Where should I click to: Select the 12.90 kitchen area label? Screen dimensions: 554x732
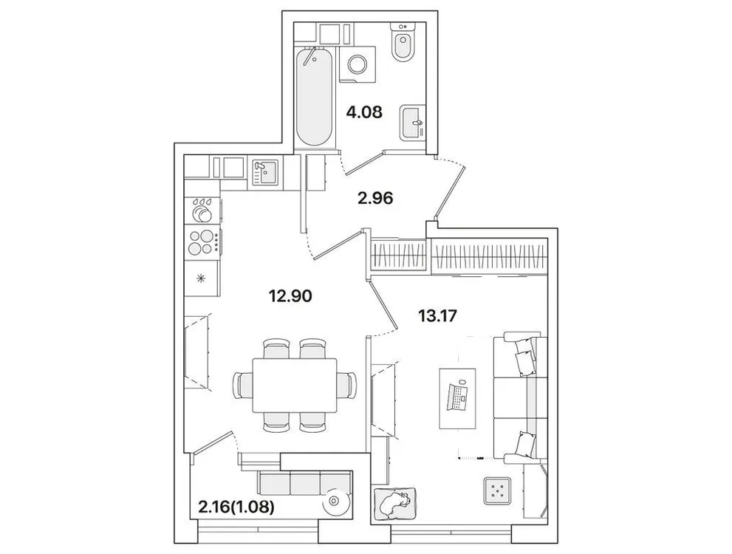click(290, 296)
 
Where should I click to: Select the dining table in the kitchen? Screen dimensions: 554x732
click(294, 385)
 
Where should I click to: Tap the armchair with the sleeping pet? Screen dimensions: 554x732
click(394, 505)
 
